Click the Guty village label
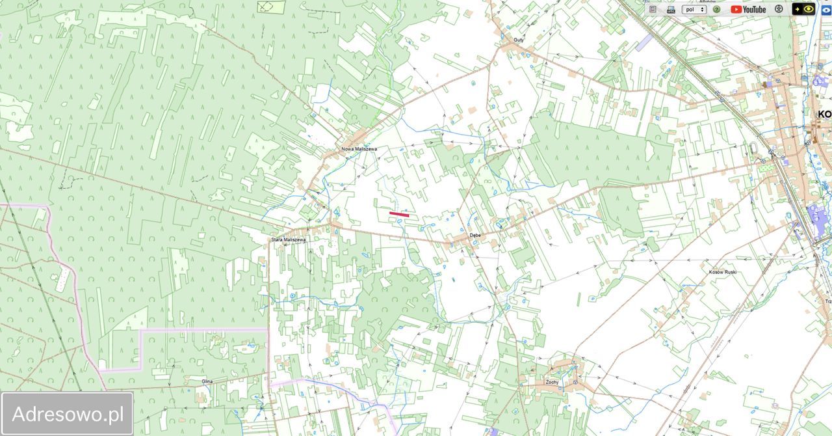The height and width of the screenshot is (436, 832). pyautogui.click(x=518, y=40)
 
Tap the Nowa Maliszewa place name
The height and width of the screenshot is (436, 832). pyautogui.click(x=359, y=149)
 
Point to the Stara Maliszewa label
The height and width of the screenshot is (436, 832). pyautogui.click(x=288, y=239)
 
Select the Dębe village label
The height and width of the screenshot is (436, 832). pyautogui.click(x=474, y=235)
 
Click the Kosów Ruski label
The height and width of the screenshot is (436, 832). pyautogui.click(x=722, y=271)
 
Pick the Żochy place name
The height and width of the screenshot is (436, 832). pyautogui.click(x=552, y=382)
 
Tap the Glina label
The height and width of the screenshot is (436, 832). pyautogui.click(x=207, y=381)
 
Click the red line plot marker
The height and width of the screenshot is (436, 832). pyautogui.click(x=399, y=213)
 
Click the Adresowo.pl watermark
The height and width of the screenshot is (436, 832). pyautogui.click(x=68, y=414)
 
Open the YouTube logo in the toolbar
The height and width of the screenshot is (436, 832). pyautogui.click(x=748, y=9)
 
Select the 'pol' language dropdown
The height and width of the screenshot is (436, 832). pyautogui.click(x=694, y=9)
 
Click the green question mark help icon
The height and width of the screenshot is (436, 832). pyautogui.click(x=716, y=9)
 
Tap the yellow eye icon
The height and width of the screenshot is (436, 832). pyautogui.click(x=809, y=9)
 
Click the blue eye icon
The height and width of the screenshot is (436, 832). pyautogui.click(x=826, y=9)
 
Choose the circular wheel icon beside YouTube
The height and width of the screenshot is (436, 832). pyautogui.click(x=779, y=9)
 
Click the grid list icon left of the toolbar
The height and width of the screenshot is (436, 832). pyautogui.click(x=653, y=9)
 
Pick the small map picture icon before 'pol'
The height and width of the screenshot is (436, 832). pyautogui.click(x=671, y=10)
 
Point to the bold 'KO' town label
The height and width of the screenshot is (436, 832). pyautogui.click(x=824, y=114)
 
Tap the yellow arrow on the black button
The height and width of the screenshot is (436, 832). pyautogui.click(x=798, y=9)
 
